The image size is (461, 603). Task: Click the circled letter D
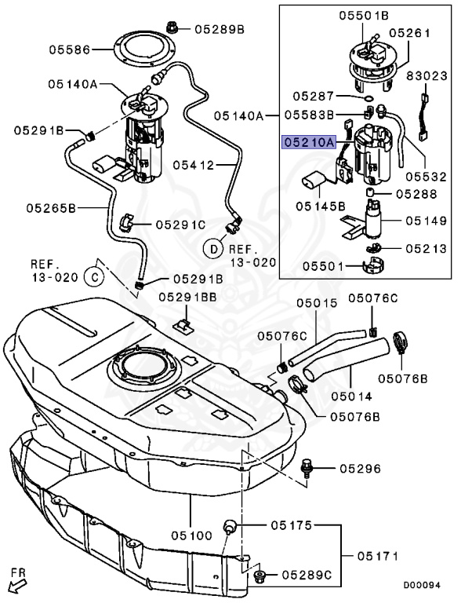pos(212,249)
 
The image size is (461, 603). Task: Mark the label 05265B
pos(50,208)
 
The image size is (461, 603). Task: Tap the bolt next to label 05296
pos(307,469)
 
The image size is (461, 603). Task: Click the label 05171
pos(379,556)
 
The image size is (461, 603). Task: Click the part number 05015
pos(316,302)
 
